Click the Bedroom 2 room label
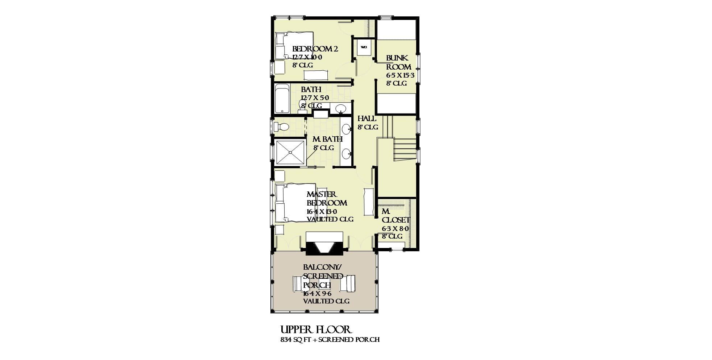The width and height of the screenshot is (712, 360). pyautogui.click(x=315, y=49)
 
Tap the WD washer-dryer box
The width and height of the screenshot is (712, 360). pyautogui.click(x=364, y=47)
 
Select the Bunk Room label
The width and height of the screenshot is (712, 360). pyautogui.click(x=398, y=62)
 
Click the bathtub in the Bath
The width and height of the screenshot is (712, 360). pyautogui.click(x=282, y=99)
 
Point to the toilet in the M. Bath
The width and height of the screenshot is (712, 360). pyautogui.click(x=281, y=127)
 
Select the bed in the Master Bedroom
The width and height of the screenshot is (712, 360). pyautogui.click(x=295, y=203)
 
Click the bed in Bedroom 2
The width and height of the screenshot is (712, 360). pyautogui.click(x=294, y=46)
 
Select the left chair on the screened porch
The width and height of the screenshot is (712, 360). pyautogui.click(x=300, y=284)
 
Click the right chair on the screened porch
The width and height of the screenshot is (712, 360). pyautogui.click(x=348, y=284)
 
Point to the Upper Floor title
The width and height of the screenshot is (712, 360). pyautogui.click(x=316, y=330)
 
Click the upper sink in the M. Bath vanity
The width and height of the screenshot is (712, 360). pyautogui.click(x=347, y=128)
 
